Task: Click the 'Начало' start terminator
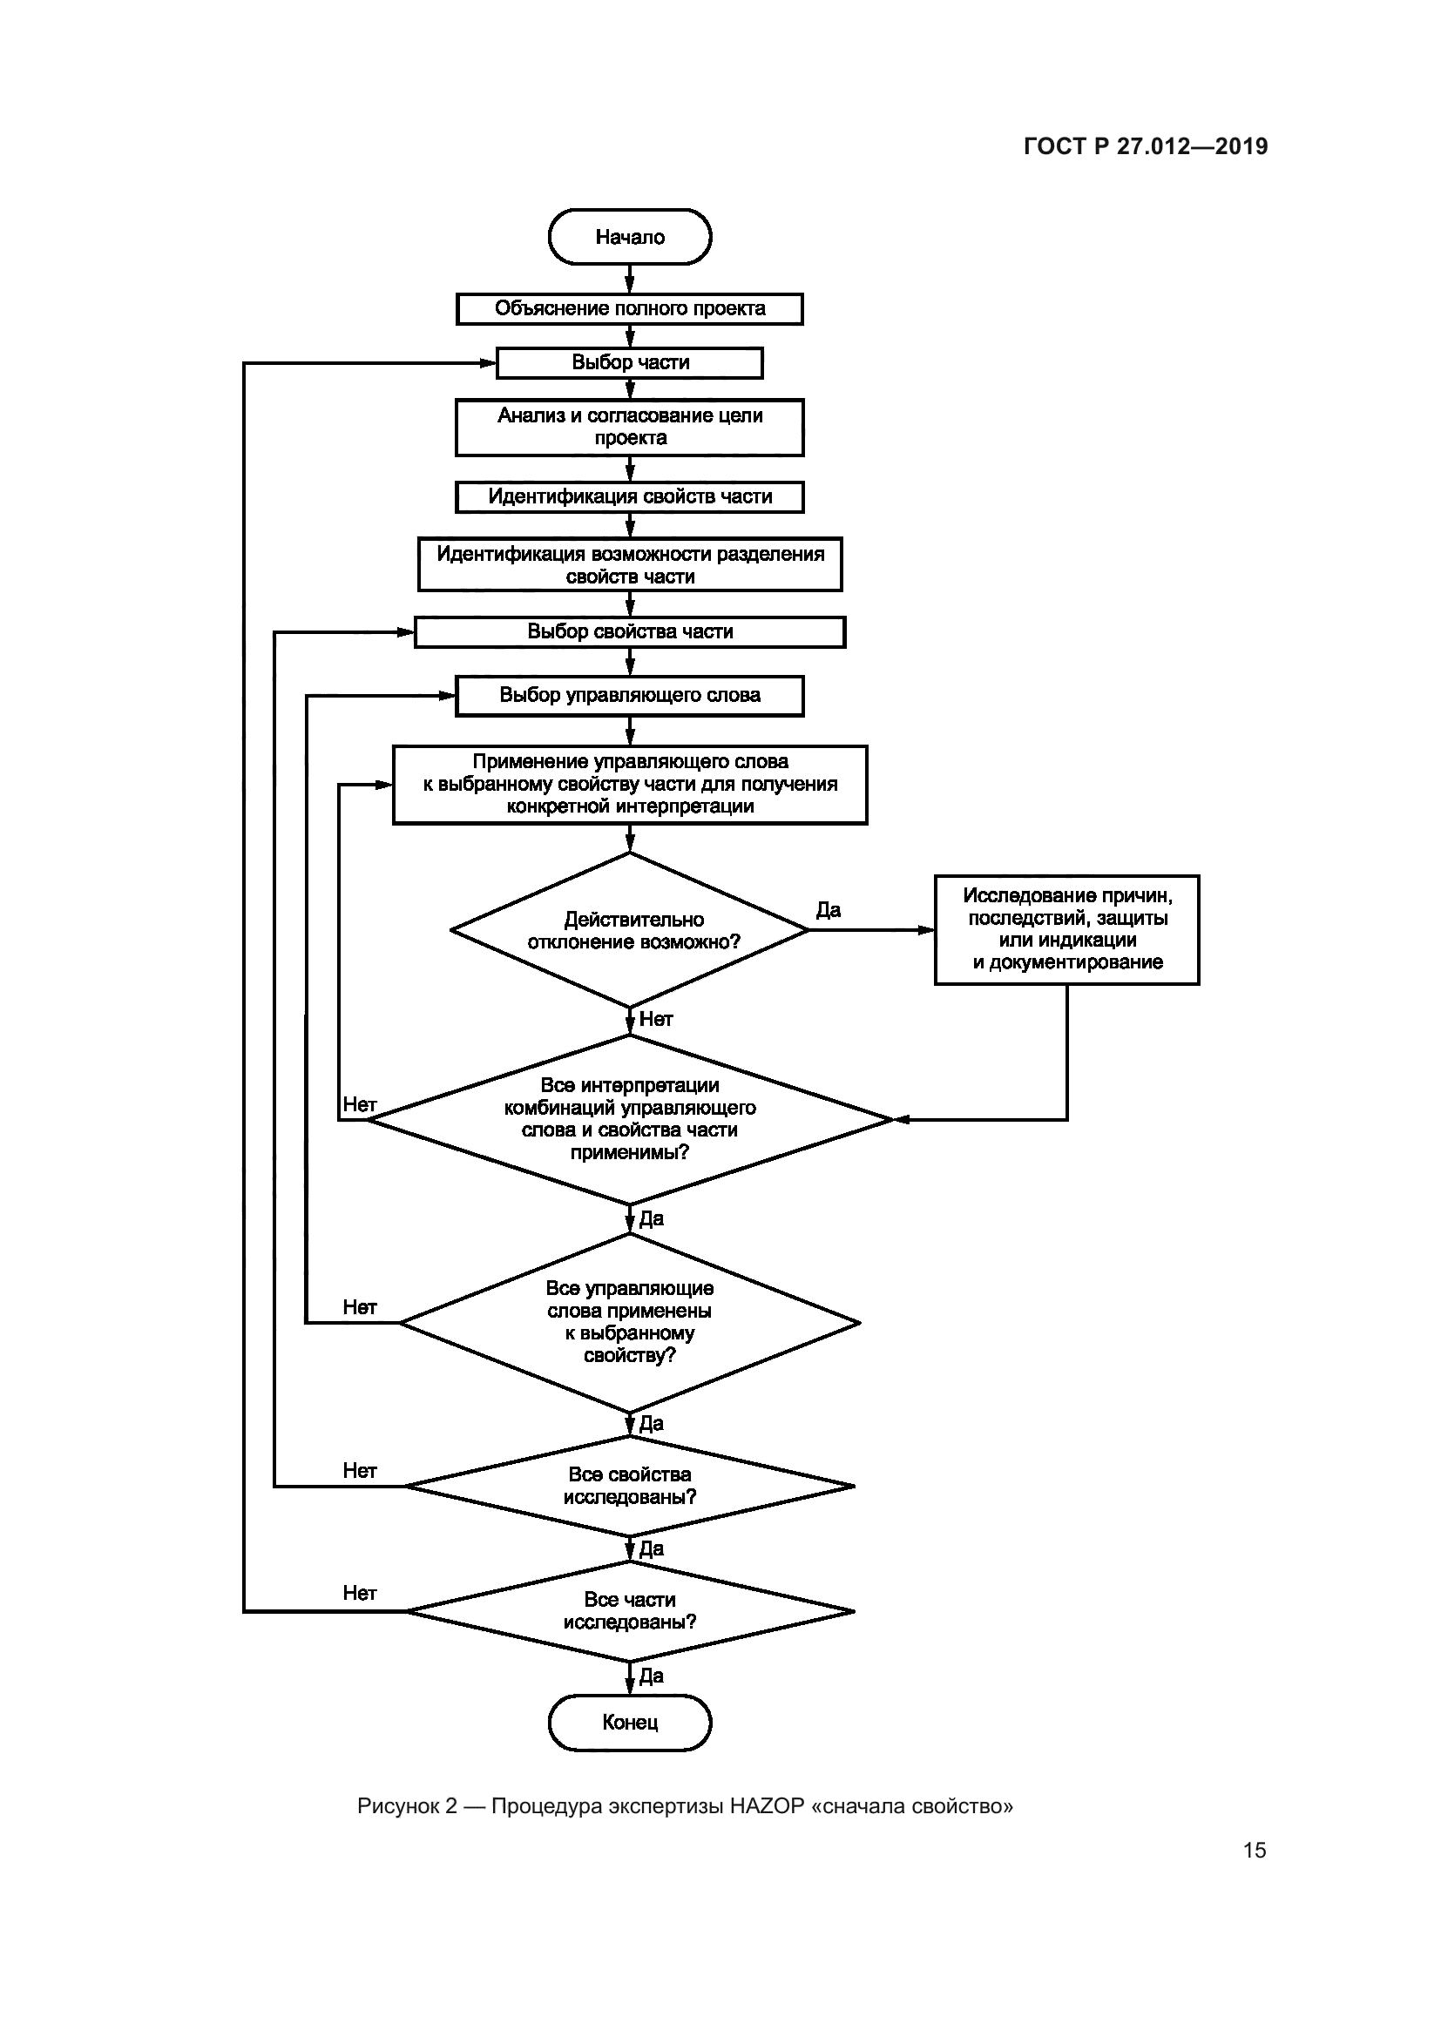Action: (629, 237)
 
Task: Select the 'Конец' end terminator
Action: (629, 1722)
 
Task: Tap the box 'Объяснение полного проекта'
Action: (629, 309)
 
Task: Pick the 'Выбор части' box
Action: (629, 363)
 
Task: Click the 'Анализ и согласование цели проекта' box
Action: (629, 427)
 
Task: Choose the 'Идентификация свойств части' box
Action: (629, 496)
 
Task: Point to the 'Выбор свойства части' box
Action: (629, 631)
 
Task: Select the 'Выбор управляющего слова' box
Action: (629, 696)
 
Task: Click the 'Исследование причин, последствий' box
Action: (1066, 929)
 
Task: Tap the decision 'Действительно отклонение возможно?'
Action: (629, 930)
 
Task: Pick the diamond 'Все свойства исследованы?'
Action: (629, 1485)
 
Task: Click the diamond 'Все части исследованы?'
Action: (629, 1610)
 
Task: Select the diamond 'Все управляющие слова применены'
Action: (629, 1322)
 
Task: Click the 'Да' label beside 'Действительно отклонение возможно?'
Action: (828, 910)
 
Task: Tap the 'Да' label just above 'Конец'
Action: (652, 1675)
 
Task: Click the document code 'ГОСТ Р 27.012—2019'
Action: (1146, 146)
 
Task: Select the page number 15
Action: (1254, 1850)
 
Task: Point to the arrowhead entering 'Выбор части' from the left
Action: (487, 363)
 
